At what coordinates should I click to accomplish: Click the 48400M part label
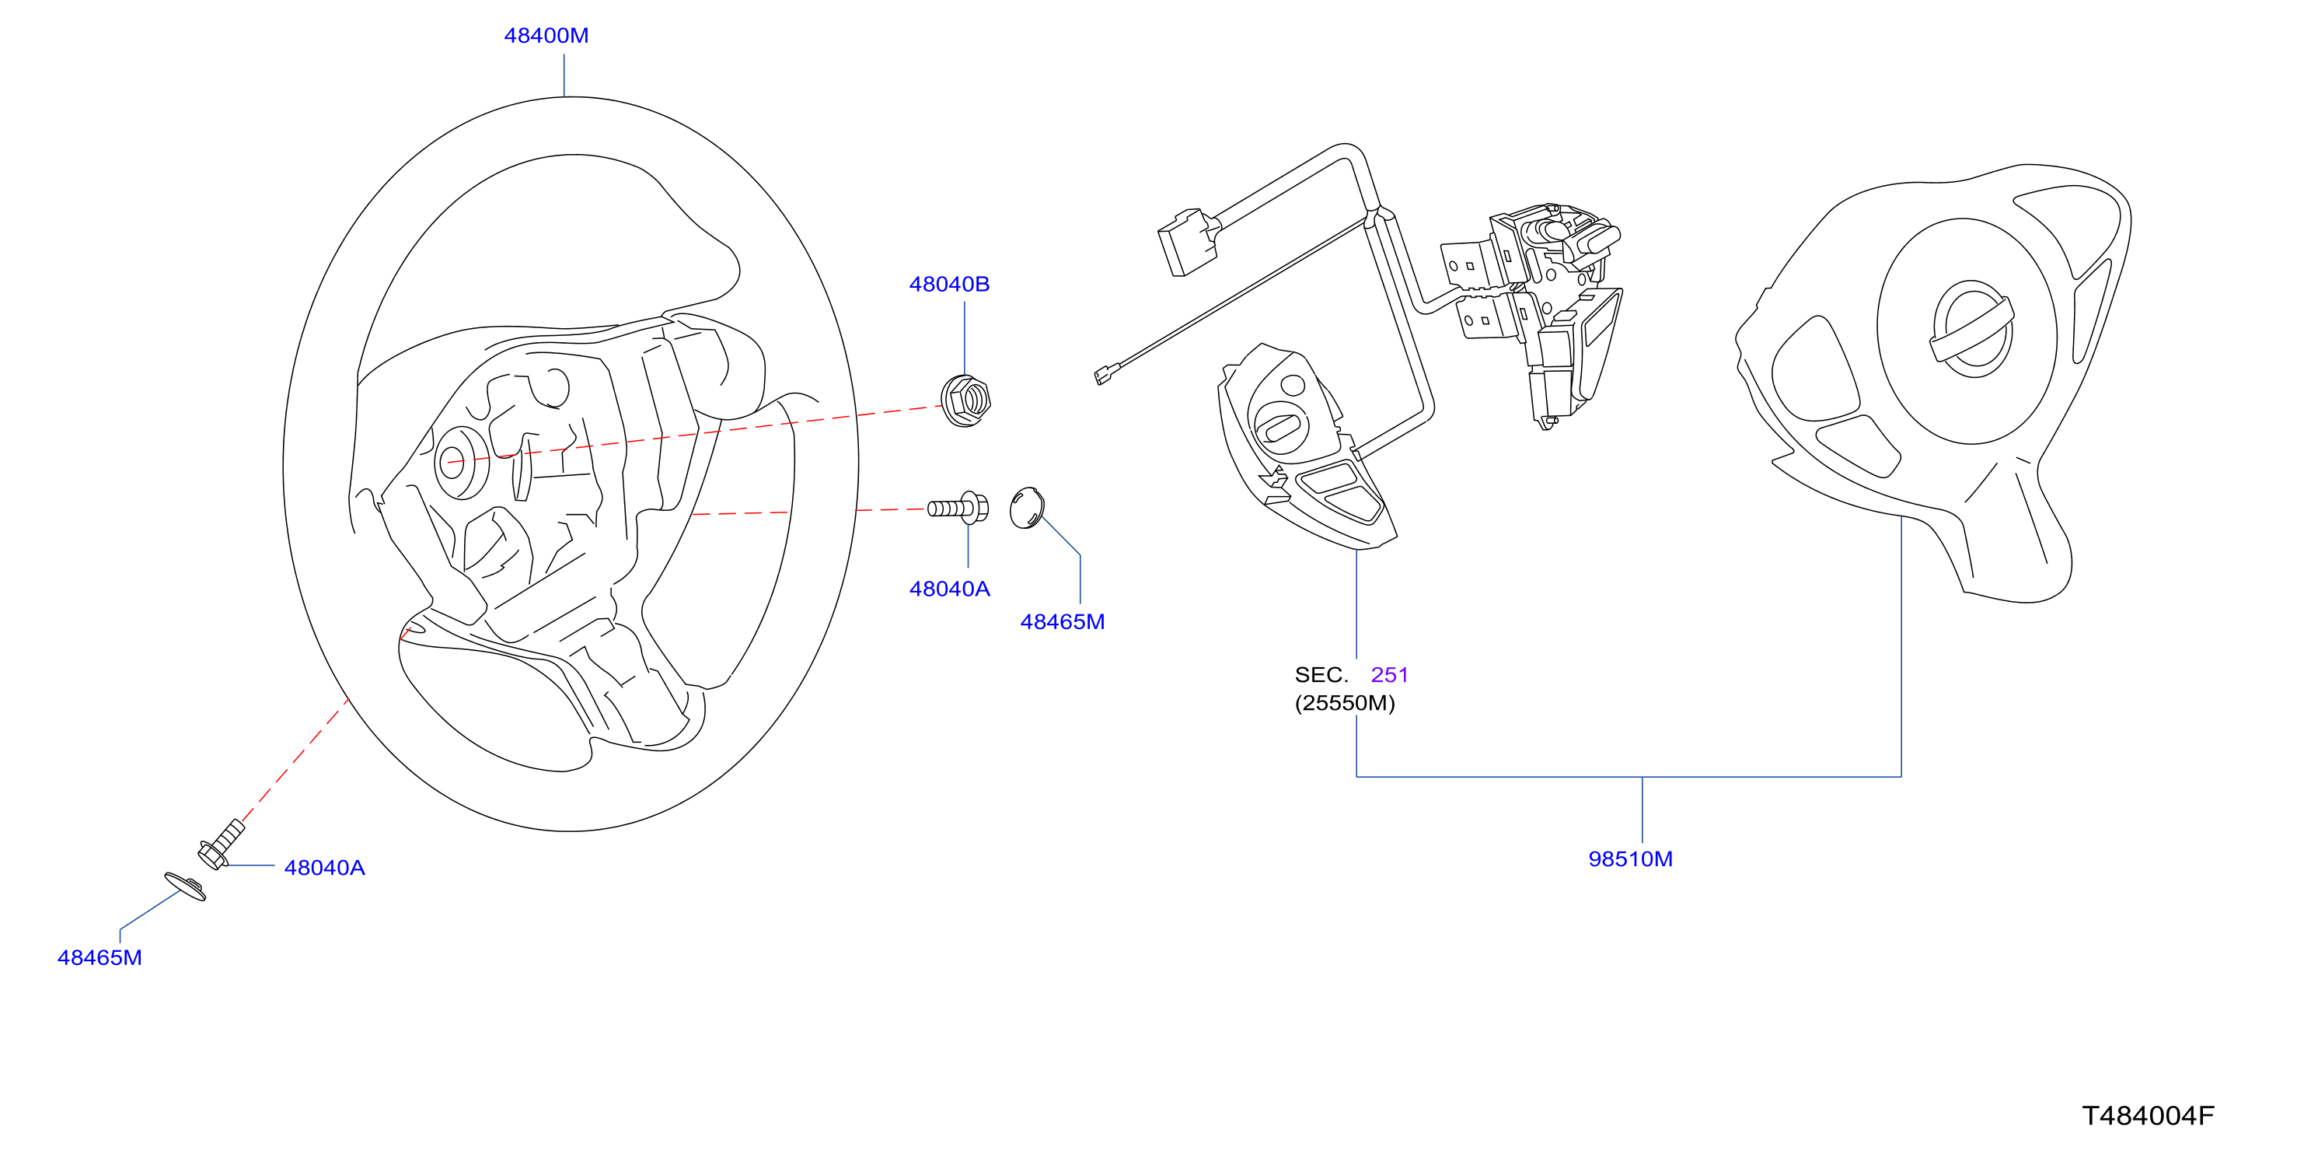click(x=546, y=36)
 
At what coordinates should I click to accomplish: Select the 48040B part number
click(x=949, y=285)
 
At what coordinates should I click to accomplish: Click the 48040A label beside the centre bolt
click(x=949, y=589)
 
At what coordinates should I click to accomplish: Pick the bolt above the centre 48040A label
click(x=958, y=507)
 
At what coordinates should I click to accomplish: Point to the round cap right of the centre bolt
click(x=1027, y=507)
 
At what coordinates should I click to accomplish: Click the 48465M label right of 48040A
click(x=1063, y=622)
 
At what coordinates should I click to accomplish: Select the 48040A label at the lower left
click(x=325, y=868)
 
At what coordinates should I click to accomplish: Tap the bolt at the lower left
click(x=220, y=844)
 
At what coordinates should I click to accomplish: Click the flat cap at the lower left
click(x=185, y=886)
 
